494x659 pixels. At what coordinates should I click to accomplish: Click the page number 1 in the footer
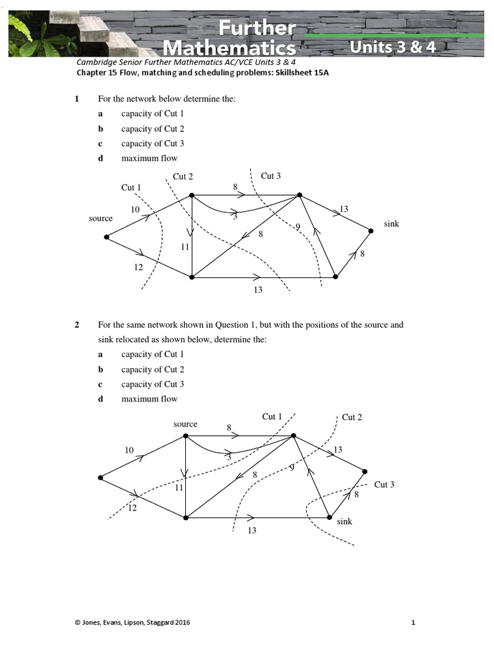[414, 622]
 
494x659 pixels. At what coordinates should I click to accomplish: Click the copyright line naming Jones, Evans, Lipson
[133, 622]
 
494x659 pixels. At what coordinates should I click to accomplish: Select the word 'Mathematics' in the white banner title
[230, 48]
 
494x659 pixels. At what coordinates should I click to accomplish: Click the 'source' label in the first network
[100, 218]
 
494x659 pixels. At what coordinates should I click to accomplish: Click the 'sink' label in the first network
[391, 223]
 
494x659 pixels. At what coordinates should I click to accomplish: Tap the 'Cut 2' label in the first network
[183, 176]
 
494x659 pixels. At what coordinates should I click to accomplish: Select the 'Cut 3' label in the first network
[271, 176]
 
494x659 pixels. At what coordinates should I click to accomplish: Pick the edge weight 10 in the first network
[135, 209]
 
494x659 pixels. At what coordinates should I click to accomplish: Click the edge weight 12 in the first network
[138, 267]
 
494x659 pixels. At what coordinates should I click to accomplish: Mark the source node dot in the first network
[106, 237]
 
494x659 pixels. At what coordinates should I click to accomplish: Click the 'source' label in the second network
[185, 424]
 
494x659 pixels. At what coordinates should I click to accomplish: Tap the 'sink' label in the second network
[344, 521]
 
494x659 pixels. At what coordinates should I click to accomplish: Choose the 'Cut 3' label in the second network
[384, 485]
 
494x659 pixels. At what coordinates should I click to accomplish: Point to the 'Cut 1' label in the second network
[272, 416]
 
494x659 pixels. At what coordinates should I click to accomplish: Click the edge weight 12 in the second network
[133, 508]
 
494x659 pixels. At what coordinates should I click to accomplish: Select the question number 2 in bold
[77, 324]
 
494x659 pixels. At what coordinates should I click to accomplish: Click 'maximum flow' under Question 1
[149, 158]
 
